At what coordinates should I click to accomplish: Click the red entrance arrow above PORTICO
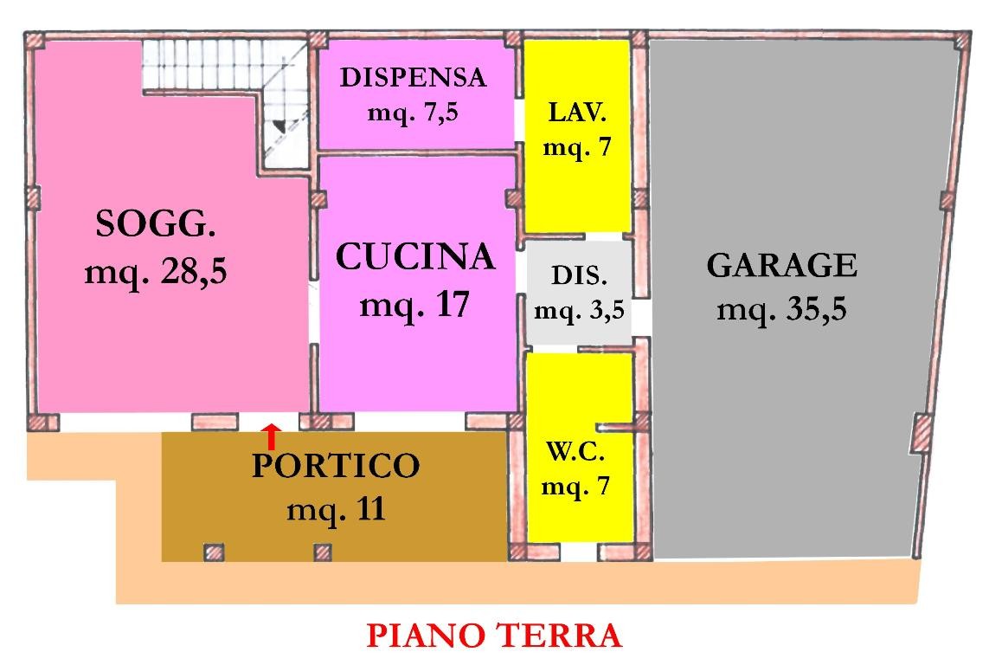click(x=272, y=436)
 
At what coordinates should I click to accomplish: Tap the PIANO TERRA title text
click(x=494, y=636)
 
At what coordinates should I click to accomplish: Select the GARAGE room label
click(x=781, y=265)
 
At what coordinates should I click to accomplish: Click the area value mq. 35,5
click(x=780, y=308)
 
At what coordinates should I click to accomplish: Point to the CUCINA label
click(x=415, y=257)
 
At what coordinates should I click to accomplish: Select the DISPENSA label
click(x=414, y=78)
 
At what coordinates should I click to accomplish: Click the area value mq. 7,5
click(x=414, y=113)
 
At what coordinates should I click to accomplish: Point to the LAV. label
click(x=577, y=113)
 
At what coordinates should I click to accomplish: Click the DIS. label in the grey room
click(x=579, y=277)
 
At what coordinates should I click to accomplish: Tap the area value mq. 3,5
click(x=579, y=310)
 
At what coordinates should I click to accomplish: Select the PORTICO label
click(x=336, y=466)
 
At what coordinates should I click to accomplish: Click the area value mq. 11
click(x=336, y=509)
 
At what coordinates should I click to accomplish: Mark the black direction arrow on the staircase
click(x=279, y=126)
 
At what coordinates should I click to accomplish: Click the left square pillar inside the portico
click(x=214, y=552)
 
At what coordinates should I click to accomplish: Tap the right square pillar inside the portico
click(x=323, y=552)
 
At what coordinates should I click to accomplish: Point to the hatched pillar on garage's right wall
click(x=923, y=429)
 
